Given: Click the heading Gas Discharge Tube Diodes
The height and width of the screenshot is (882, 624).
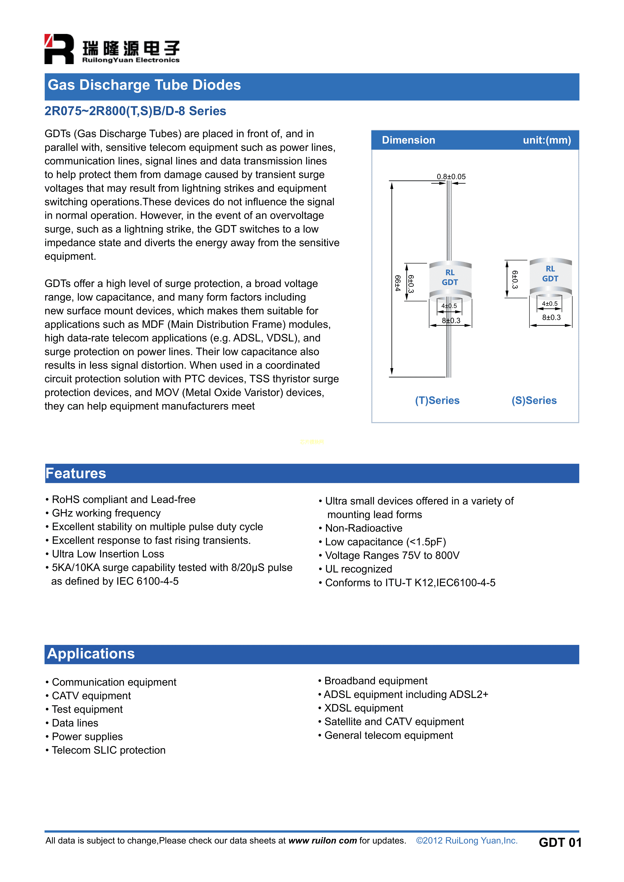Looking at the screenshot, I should pos(144,85).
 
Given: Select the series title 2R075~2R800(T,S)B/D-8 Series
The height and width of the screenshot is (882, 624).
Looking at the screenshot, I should pos(135,111).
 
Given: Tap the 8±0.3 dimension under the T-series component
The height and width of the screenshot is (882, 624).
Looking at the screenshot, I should pos(451,320).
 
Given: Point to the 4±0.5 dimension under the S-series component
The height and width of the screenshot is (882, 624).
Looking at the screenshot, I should pos(550,303).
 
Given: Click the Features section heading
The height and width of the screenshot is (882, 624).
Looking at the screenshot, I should pos(76,473).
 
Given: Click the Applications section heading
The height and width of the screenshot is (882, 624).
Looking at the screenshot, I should pos(91,654).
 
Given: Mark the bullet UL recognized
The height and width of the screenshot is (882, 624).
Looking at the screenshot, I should pos(358,569).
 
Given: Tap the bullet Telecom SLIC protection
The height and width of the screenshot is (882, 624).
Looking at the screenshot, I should pos(108,750).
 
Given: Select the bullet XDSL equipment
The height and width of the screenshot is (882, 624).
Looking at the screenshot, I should pos(363,708).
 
